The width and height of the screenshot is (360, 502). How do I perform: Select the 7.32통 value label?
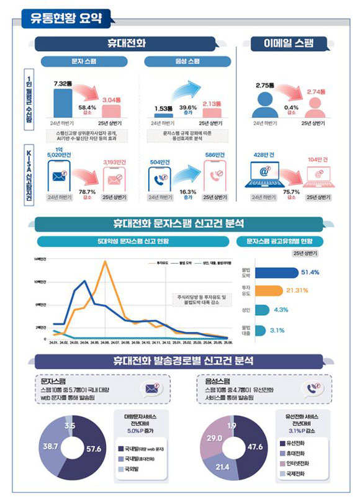pyautogui.click(x=64, y=83)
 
